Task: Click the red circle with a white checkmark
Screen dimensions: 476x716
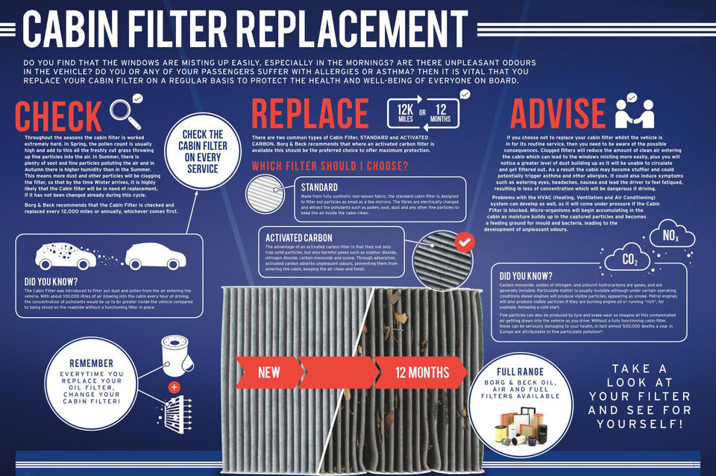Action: pyautogui.click(x=464, y=242)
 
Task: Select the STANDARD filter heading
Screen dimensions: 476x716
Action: pyautogui.click(x=319, y=187)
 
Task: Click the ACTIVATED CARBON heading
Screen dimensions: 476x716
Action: pyautogui.click(x=300, y=237)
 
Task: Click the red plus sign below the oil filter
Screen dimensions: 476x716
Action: pyautogui.click(x=173, y=387)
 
